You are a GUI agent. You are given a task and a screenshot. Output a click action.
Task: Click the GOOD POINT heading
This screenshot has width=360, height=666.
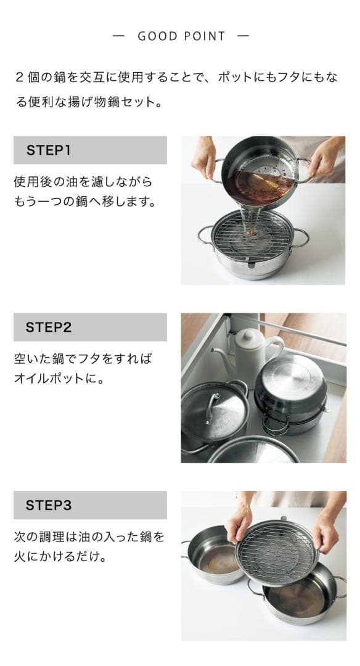click(x=181, y=36)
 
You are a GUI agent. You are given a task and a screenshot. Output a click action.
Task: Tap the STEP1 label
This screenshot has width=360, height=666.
click(x=49, y=150)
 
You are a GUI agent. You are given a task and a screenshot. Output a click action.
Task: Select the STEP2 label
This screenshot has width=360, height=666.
click(x=49, y=327)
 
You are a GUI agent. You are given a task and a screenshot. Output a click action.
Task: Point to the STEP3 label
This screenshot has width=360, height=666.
click(x=49, y=505)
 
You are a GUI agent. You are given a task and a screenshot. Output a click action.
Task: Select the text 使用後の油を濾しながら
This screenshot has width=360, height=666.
click(x=83, y=182)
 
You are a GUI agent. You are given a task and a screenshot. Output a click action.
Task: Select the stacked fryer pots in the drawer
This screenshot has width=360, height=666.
click(x=290, y=395)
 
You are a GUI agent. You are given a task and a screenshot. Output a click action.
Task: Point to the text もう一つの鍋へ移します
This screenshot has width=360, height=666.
click(x=84, y=202)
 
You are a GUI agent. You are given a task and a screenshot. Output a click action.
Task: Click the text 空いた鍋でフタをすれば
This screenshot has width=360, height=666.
click(x=83, y=359)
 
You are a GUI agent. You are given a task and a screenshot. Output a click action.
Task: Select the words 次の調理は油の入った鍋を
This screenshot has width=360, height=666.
click(x=89, y=536)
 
